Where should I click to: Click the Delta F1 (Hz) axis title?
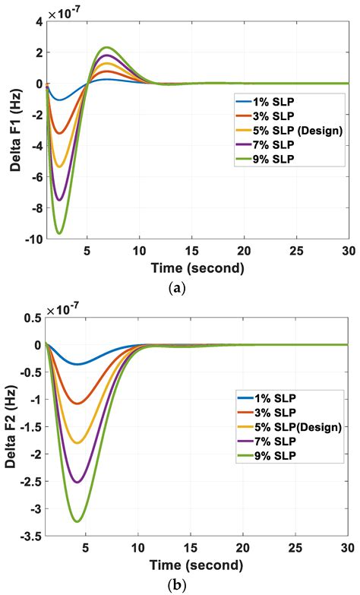pyautogui.click(x=13, y=131)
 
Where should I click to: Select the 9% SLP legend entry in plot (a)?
pyautogui.click(x=270, y=159)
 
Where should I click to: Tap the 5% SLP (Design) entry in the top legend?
pyautogui.click(x=289, y=130)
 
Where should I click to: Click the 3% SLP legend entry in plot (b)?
pyautogui.click(x=274, y=412)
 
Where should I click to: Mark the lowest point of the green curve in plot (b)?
pyautogui.click(x=77, y=521)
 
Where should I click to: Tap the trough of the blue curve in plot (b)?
pyautogui.click(x=77, y=364)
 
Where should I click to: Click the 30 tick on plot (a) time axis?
pyautogui.click(x=346, y=251)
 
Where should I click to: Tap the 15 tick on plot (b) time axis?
pyautogui.click(x=191, y=549)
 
